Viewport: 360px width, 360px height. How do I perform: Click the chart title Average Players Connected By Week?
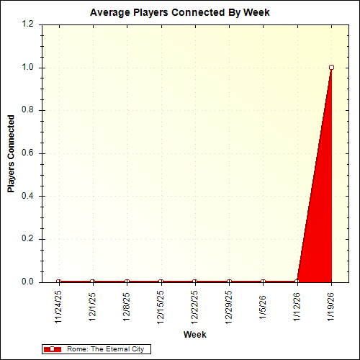coord(179,13)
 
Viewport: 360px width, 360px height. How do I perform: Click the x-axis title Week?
coord(194,335)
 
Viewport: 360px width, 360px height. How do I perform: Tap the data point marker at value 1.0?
coord(331,67)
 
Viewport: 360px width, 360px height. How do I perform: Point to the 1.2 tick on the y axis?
coord(27,24)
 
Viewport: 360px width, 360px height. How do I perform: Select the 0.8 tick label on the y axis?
coord(27,110)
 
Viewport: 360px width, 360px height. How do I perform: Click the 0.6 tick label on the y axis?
coord(27,153)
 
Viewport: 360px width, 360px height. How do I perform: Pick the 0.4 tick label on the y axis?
coord(27,196)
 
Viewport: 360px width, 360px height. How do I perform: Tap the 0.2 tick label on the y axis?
coord(27,239)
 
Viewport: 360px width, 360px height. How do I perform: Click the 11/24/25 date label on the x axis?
coord(58,306)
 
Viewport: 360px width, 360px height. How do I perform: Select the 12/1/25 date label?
coord(93,305)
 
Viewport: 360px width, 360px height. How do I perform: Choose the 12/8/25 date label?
coord(127,305)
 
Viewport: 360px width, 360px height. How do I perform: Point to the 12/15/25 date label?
coord(161,306)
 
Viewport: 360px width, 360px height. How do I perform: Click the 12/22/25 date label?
coord(195,306)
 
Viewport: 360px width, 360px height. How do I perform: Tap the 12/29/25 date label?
coord(229,306)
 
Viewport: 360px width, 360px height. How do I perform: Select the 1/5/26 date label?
coord(263,303)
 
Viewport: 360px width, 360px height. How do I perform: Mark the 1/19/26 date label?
coord(331,305)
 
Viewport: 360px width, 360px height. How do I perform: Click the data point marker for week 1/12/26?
coord(297,282)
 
